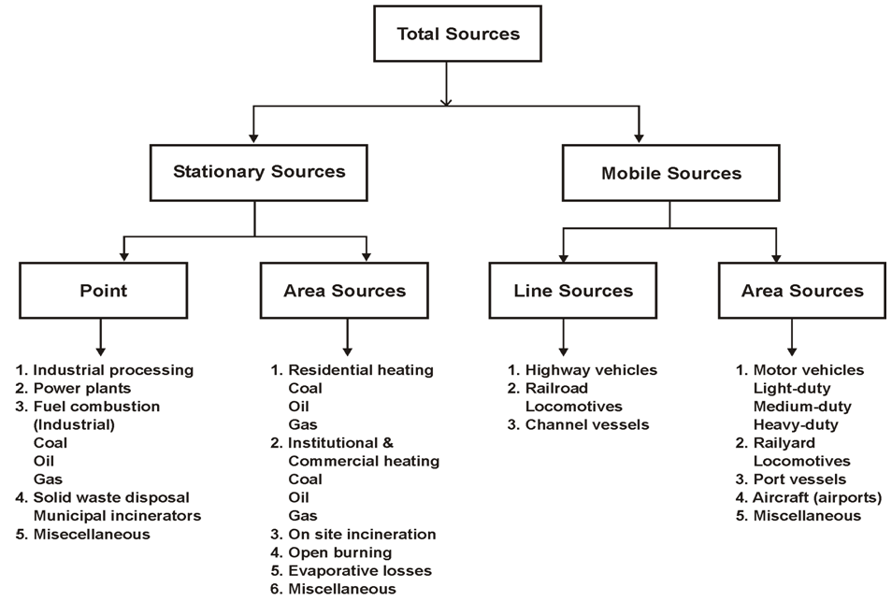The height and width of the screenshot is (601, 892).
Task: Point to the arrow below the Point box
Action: click(101, 337)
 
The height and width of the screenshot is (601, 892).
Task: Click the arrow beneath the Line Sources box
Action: click(563, 337)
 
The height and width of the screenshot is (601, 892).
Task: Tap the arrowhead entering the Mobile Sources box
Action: click(639, 138)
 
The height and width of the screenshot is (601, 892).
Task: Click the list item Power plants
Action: click(73, 388)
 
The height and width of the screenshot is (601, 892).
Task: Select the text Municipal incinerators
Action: click(117, 516)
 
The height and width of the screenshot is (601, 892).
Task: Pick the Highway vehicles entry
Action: click(583, 370)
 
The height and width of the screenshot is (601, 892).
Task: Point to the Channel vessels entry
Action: click(578, 424)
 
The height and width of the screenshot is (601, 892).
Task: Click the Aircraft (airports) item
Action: click(809, 497)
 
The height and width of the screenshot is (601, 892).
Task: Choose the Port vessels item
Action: click(791, 479)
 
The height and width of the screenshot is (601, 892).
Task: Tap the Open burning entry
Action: click(331, 552)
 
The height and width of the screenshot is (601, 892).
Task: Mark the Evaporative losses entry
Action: click(351, 571)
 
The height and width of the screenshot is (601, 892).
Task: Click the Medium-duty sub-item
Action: click(802, 407)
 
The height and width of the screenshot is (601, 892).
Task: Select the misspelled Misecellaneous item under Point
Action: click(83, 535)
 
